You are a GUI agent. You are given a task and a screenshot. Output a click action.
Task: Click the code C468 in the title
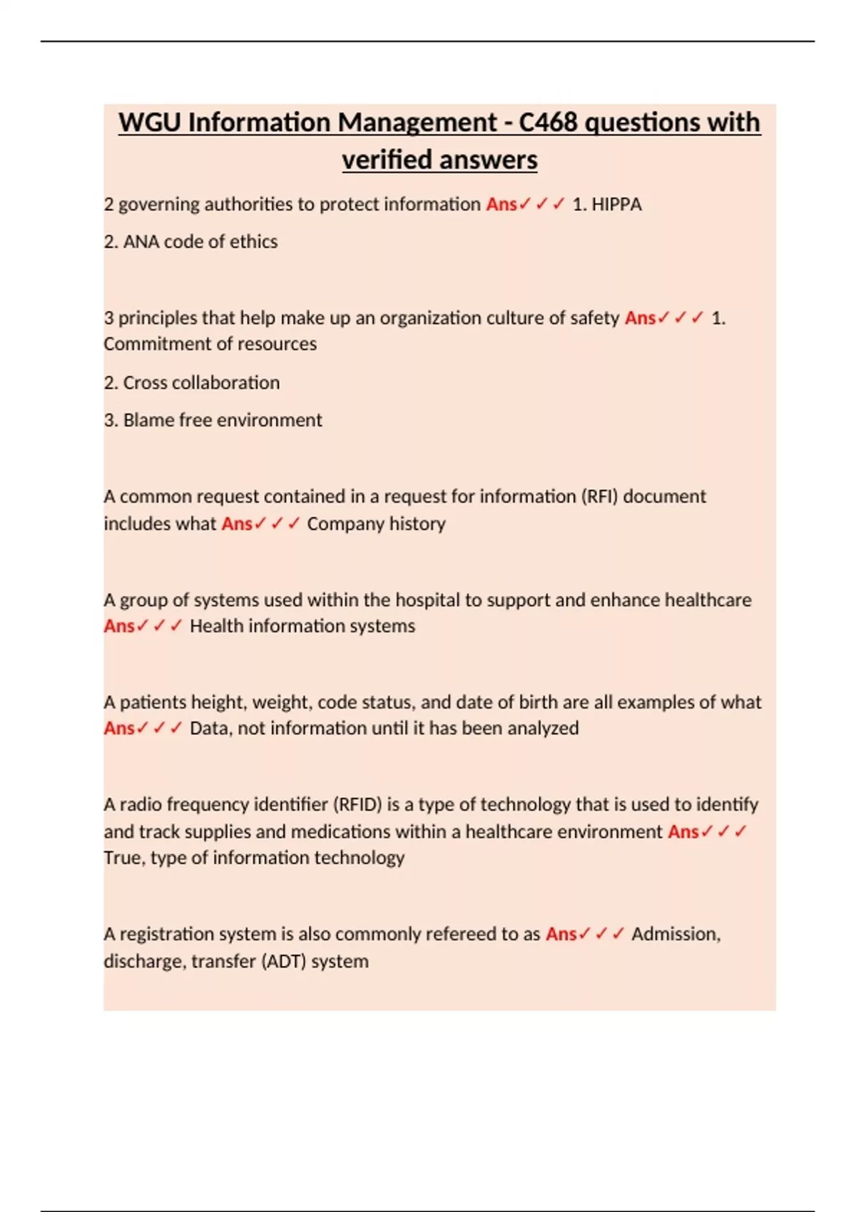pos(547,123)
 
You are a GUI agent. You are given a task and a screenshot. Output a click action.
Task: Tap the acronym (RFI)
pos(600,496)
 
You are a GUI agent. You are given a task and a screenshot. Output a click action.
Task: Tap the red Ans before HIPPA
pos(501,205)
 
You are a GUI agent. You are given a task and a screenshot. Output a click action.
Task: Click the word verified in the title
pos(385,160)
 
